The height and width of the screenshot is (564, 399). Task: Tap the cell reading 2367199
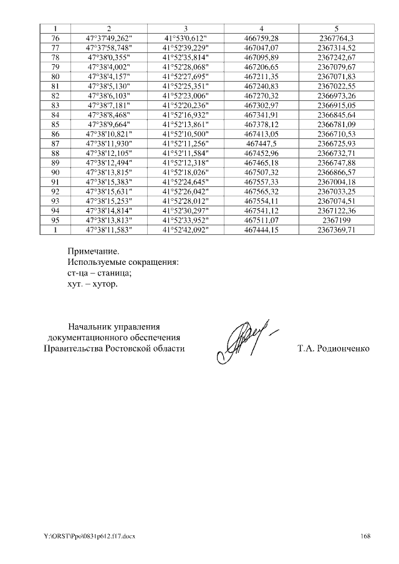[x=336, y=220]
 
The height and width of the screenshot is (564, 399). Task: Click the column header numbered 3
[x=185, y=29]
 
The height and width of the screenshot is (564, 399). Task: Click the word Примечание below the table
[x=93, y=252]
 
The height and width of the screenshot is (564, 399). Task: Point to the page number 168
[x=365, y=536]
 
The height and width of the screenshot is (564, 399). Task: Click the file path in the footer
[x=89, y=536]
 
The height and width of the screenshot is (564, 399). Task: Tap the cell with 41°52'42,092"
[x=185, y=230]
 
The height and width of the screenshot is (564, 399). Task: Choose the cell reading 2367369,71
[x=336, y=230]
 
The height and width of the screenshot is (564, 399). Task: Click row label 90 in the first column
[x=55, y=172]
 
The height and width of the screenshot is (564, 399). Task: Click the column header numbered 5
[x=336, y=29]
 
